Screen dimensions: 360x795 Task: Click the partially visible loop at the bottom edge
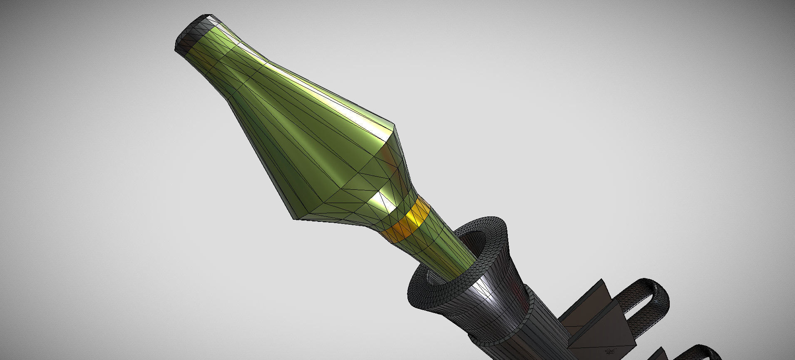pyautogui.click(x=703, y=352)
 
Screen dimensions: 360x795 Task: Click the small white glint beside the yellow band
pyautogui.click(x=381, y=198)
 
